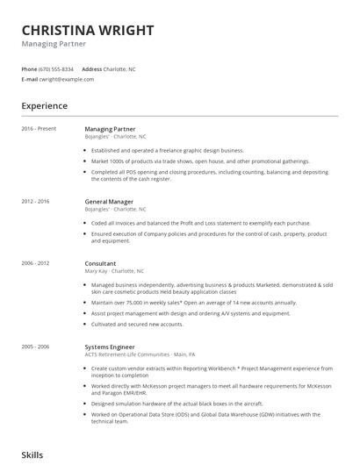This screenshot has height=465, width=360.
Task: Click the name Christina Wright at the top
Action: click(87, 31)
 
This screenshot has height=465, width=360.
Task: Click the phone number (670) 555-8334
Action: click(57, 68)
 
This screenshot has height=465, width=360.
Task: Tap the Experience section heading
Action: click(44, 106)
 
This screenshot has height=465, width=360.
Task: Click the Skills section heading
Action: click(32, 455)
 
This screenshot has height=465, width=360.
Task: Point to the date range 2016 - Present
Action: click(38, 129)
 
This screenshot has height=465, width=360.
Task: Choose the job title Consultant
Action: click(101, 263)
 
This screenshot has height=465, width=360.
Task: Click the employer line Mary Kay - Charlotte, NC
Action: click(116, 271)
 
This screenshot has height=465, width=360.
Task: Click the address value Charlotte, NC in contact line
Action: click(119, 68)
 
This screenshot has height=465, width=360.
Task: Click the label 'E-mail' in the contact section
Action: click(29, 79)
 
